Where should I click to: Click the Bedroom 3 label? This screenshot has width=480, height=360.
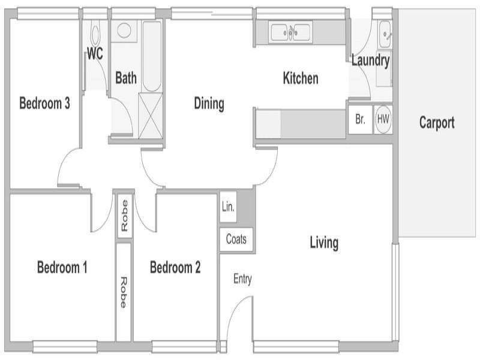(44, 103)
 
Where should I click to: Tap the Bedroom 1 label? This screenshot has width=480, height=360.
(62, 267)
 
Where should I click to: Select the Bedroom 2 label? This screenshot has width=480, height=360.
(175, 267)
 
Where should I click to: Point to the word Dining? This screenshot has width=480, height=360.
(209, 104)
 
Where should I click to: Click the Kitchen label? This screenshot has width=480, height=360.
(301, 78)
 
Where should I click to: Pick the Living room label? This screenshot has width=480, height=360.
(324, 243)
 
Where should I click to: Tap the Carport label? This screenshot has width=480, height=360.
(437, 123)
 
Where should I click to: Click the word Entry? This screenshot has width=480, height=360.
(242, 279)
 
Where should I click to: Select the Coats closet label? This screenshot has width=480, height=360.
(236, 239)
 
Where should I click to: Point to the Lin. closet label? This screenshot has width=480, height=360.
(228, 207)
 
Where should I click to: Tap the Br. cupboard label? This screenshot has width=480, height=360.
(361, 119)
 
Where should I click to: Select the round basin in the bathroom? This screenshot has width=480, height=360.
(124, 31)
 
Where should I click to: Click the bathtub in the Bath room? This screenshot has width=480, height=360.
(152, 56)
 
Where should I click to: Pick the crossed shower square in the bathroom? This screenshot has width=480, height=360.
(151, 116)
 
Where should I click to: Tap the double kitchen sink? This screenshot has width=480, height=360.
(290, 32)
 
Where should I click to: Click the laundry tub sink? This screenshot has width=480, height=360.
(384, 34)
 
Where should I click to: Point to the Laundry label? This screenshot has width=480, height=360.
(370, 61)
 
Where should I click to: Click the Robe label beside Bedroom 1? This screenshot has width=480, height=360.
(124, 292)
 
